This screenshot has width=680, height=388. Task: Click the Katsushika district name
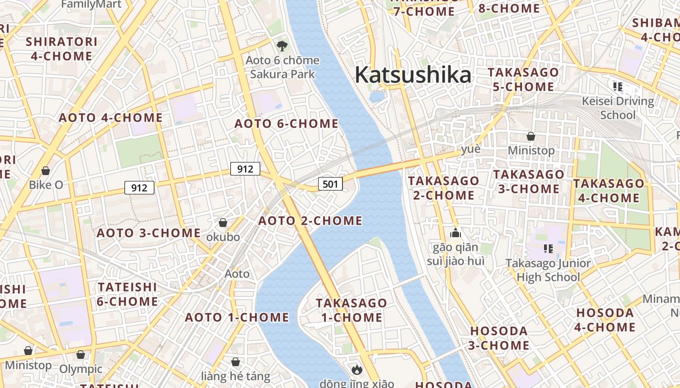coord(413,75)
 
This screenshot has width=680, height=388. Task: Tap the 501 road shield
coord(330,184)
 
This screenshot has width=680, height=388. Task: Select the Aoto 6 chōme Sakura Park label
coord(282,67)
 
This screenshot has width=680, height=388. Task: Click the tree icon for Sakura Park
coord(282,46)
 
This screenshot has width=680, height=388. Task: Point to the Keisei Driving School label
coord(618,108)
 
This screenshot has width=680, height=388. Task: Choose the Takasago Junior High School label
coord(548,270)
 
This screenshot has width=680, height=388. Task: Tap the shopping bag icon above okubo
coord(223,223)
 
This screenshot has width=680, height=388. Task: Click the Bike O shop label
coord(46,185)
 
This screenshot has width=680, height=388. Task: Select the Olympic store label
coord(81,369)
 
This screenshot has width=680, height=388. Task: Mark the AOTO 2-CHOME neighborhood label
coord(310,221)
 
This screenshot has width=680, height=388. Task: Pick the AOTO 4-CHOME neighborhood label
coord(111,118)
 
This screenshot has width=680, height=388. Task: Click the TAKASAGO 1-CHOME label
coord(352,310)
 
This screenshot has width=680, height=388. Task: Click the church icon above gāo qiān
coord(455,233)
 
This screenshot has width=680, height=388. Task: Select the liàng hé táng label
coord(236,376)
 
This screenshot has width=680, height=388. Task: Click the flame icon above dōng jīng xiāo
coord(357,370)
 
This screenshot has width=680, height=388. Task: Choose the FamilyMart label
coord(91,5)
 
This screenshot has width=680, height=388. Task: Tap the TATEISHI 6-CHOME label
coord(127,294)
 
